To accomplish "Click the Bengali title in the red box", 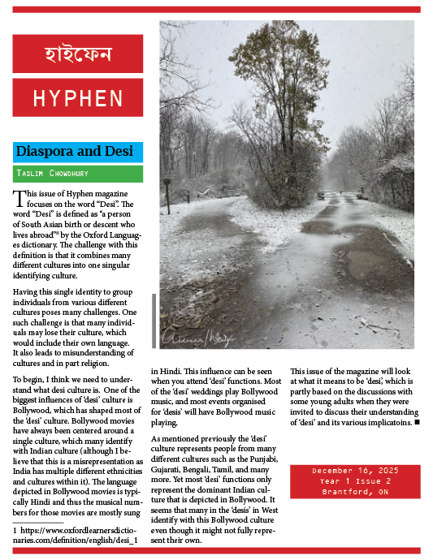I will coord(78,54).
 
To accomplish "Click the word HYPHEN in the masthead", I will coord(78,98).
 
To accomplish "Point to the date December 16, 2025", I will coord(355,471).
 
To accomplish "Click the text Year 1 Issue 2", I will coord(355,481).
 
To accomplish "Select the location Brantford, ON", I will coord(355,492).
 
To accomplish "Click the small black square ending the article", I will coord(417,422).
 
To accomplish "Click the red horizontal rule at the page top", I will coord(216,10).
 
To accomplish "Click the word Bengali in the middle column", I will coord(205,468).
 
